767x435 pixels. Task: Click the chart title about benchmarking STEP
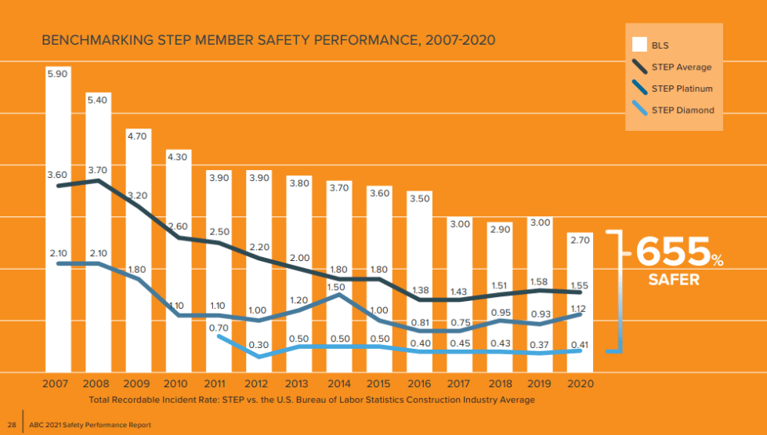pos(268,40)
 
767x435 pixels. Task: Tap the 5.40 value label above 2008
pos(97,100)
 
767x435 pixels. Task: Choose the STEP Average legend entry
pos(681,67)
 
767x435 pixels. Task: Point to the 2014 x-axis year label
pos(338,384)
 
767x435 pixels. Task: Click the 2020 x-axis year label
pos(579,384)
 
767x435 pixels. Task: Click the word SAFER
pos(674,280)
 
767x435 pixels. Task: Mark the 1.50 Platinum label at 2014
pos(338,288)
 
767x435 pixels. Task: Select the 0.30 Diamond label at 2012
pos(258,344)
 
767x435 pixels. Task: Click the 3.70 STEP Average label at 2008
pos(97,169)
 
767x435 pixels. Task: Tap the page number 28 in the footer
pos(12,425)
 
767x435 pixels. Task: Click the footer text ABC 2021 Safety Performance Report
pos(89,425)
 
